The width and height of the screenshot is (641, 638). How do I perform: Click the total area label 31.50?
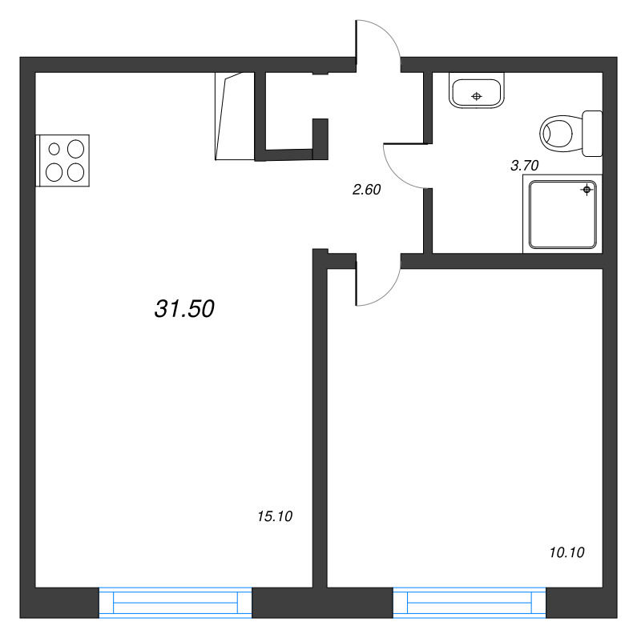click(x=184, y=309)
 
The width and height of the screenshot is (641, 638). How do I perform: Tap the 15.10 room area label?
click(x=275, y=516)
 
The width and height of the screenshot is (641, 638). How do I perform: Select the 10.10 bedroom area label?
click(x=566, y=552)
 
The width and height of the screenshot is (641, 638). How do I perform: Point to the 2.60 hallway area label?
click(x=366, y=190)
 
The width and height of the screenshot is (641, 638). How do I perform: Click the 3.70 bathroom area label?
click(x=525, y=166)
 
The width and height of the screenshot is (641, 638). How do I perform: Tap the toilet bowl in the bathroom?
click(x=560, y=133)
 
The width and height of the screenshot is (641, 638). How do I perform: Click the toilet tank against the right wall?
click(x=592, y=133)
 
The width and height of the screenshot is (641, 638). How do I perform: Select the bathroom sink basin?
click(x=476, y=90)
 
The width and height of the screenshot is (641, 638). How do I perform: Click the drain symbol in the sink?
click(x=476, y=96)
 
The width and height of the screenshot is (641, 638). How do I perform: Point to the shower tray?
click(x=562, y=215)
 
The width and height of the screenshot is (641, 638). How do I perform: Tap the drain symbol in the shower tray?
click(x=587, y=190)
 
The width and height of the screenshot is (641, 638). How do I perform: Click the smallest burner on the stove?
click(x=54, y=149)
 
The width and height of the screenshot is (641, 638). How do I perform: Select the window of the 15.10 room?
click(x=175, y=603)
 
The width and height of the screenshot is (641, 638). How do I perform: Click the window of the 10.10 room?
click(x=470, y=603)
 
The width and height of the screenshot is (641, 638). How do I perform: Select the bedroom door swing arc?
click(x=388, y=293)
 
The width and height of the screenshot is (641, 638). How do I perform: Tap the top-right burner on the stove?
click(x=75, y=149)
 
